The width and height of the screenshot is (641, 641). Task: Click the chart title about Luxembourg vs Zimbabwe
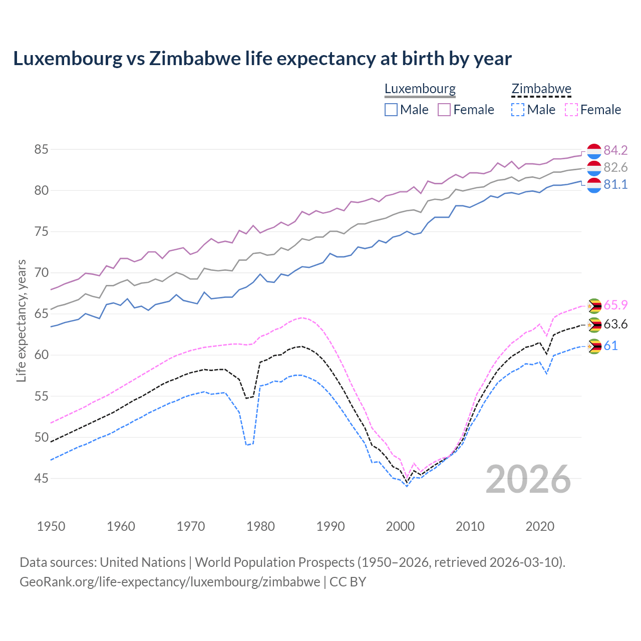pos(262,59)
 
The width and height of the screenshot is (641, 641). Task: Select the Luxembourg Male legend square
pos(391,110)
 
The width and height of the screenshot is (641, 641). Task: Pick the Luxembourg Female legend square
pos(444,110)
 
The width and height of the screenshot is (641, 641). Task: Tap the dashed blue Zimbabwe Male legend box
pos(518,110)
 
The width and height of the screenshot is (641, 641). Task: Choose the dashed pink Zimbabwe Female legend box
pos(571,110)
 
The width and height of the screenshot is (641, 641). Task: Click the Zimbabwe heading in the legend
pos(541,89)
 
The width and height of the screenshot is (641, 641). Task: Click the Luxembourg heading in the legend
pos(420,89)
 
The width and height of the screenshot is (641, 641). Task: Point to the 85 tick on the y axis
pos(42,149)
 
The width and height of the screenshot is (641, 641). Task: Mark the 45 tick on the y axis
pos(42,479)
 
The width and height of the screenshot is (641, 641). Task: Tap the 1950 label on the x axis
pos(51,526)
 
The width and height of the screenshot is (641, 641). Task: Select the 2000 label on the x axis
pos(400,526)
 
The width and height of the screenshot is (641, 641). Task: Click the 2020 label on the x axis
pos(540,526)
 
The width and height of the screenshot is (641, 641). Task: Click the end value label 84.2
pos(615,150)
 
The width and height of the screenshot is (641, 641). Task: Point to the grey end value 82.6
pos(615,167)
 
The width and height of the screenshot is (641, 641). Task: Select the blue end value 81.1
pos(615,184)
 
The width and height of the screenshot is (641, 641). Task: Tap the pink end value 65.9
pos(615,305)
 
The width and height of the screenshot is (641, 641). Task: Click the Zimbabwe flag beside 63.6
pos(594,325)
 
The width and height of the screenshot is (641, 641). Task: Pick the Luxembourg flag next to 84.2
pos(594,151)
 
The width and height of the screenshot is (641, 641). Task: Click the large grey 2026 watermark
pos(528,479)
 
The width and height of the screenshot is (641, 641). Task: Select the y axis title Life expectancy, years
pos(22,320)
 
